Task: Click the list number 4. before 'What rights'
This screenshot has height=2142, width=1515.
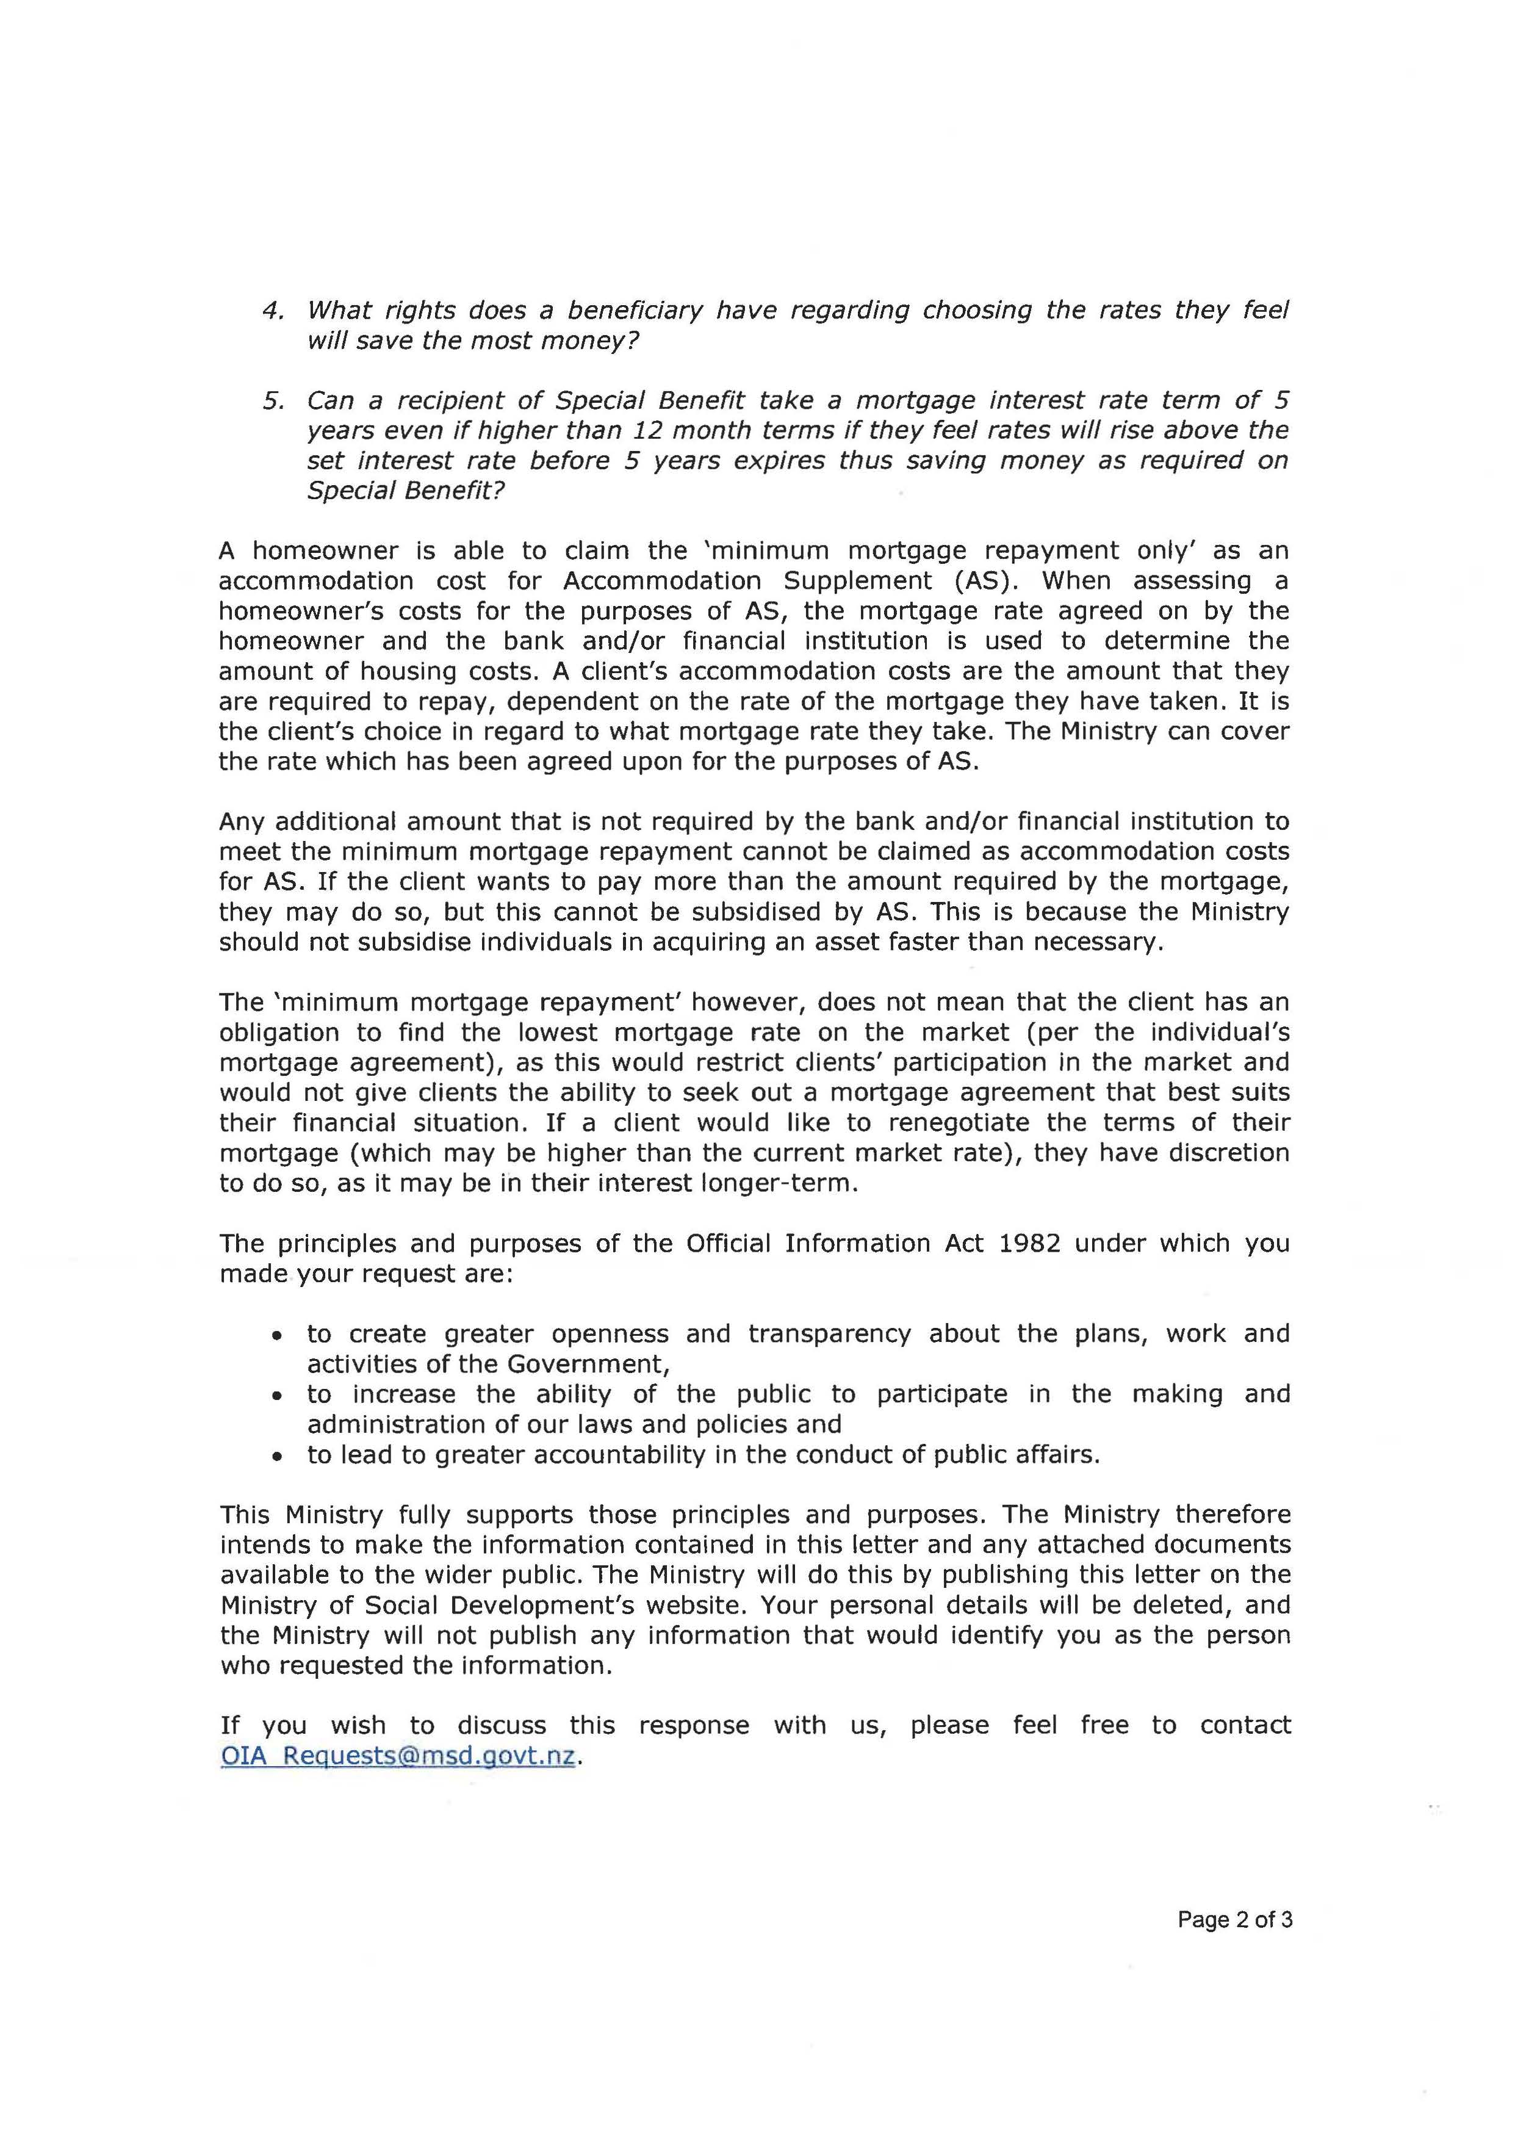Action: [272, 311]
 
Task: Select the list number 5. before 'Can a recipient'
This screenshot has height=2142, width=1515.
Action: [272, 401]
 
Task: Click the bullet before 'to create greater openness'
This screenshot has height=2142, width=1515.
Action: [276, 1336]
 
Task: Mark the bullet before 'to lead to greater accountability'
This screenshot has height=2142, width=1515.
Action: [276, 1456]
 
